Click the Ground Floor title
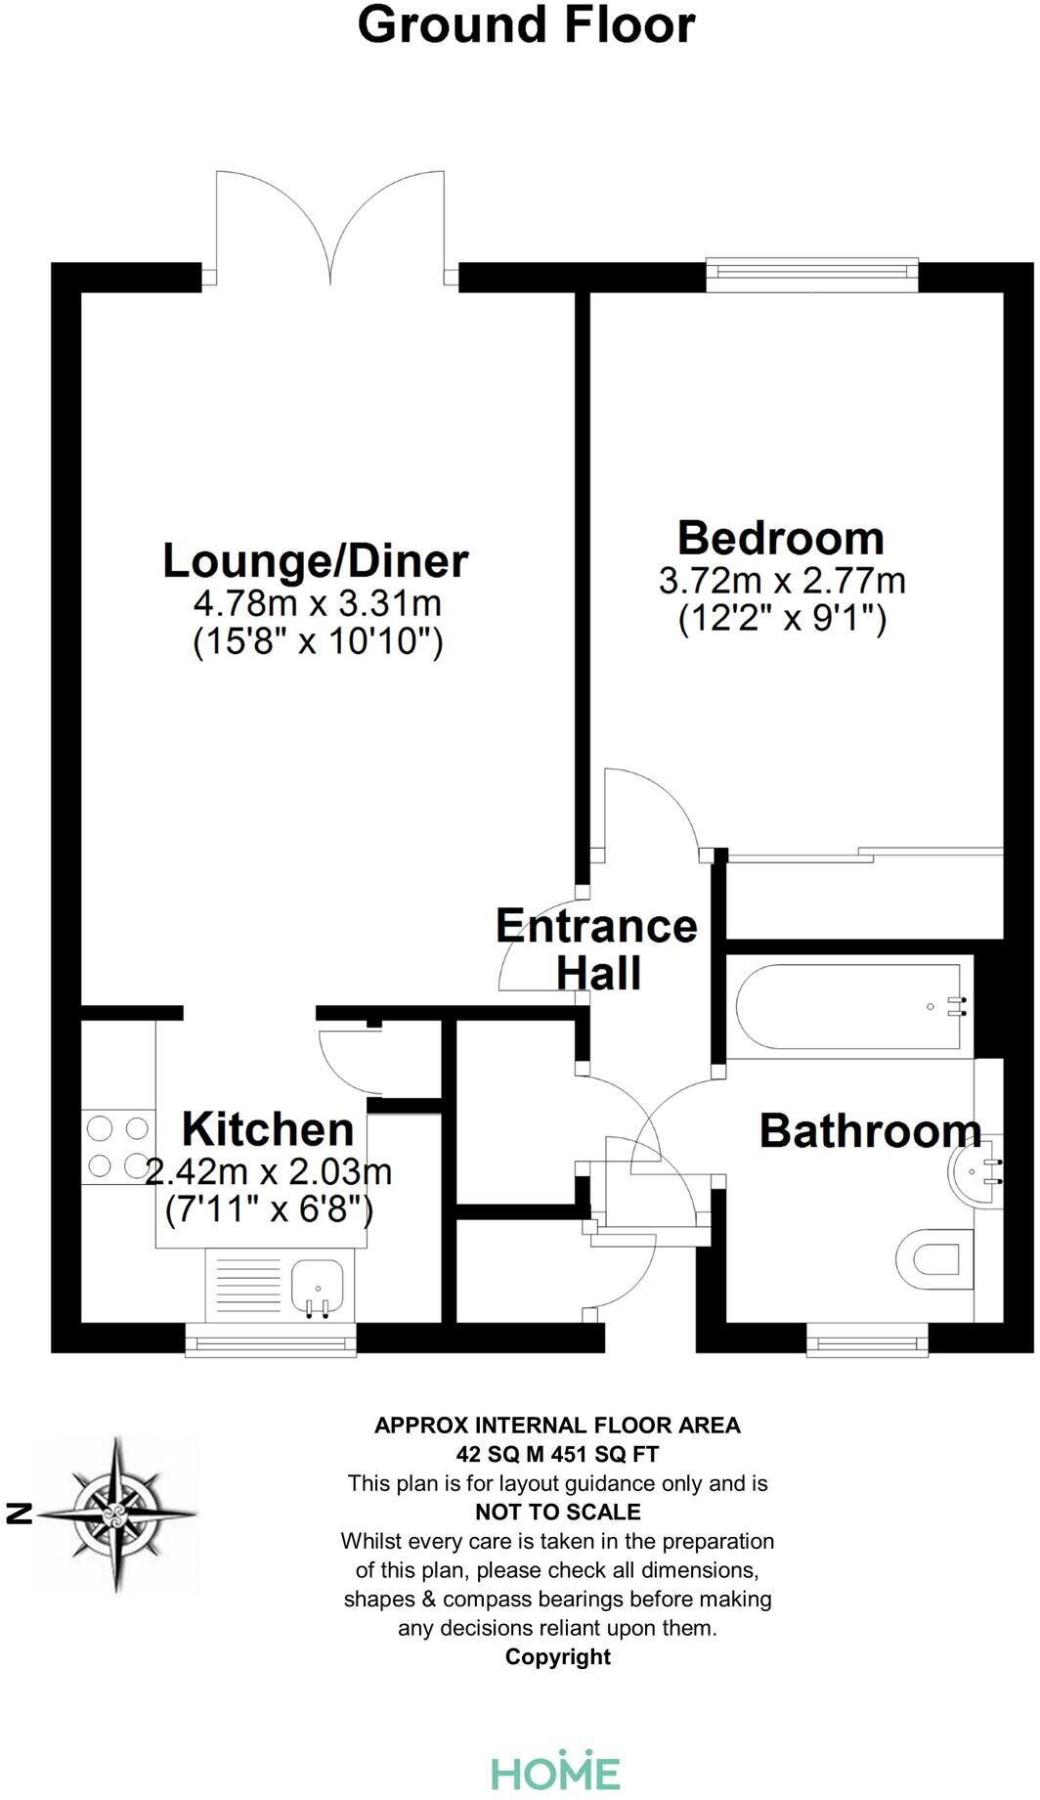click(x=526, y=25)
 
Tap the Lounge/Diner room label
click(x=316, y=561)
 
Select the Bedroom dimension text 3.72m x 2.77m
click(x=782, y=581)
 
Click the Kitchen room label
click(x=268, y=1129)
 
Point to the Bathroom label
click(x=870, y=1131)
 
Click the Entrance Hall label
click(x=597, y=948)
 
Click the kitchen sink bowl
click(x=317, y=1285)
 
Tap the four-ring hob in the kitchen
click(x=117, y=1147)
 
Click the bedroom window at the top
click(x=812, y=275)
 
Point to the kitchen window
click(x=272, y=1340)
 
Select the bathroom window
click(x=868, y=1340)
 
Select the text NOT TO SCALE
click(x=557, y=1512)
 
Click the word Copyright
click(x=557, y=1656)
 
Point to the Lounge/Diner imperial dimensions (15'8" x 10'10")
click(x=318, y=643)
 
